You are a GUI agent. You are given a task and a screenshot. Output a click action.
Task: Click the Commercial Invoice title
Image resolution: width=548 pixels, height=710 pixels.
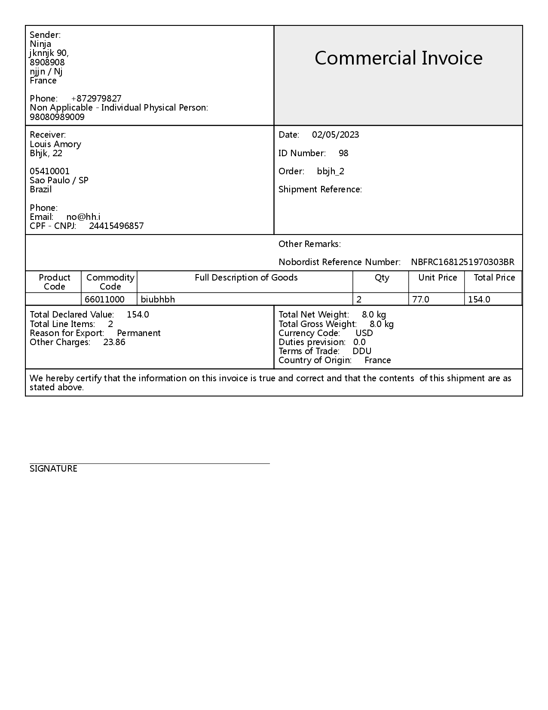pos(398,58)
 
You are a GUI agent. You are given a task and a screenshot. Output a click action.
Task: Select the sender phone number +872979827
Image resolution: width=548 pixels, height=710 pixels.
pos(96,99)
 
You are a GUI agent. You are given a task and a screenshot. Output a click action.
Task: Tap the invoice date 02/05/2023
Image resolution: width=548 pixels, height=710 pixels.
pos(335,135)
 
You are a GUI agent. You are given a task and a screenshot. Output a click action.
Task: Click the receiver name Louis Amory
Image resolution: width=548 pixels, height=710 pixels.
pos(55,144)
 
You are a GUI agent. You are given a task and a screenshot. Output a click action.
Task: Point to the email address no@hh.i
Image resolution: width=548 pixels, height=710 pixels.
pos(83,217)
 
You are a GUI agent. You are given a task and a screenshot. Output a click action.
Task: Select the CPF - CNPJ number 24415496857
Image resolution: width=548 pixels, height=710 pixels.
pos(116,226)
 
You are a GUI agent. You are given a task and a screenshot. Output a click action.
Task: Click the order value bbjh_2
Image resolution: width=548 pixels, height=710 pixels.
pos(331,171)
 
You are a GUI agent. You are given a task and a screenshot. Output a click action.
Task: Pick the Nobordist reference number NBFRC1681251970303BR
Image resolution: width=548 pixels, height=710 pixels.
pos(462,262)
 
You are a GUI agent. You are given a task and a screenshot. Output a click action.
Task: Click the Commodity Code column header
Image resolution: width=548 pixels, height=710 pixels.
pos(110,282)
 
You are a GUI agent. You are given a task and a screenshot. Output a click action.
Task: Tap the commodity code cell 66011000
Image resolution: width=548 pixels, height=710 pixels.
pos(104,299)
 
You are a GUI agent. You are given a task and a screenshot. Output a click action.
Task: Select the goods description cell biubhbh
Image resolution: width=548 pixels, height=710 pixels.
pos(158,299)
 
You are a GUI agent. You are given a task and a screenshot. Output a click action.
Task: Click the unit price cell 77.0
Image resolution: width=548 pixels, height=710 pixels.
pos(420,299)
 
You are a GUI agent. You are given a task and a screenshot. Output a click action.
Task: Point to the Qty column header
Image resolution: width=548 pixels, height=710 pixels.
pos(382,278)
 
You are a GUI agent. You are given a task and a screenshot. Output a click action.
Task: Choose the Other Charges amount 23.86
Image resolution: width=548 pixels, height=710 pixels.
pos(114,342)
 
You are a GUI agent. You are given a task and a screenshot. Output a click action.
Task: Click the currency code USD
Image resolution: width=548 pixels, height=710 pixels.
pos(364,333)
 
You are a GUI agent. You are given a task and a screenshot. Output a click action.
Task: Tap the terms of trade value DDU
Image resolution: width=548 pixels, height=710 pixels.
pos(362,351)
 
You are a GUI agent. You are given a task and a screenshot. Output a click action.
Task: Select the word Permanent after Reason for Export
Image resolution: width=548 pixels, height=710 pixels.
pos(138,333)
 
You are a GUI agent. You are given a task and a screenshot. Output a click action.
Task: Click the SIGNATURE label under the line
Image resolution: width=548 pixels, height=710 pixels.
pos(53,469)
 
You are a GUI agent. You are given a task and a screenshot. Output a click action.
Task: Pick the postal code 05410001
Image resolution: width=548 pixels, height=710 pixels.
pos(49,171)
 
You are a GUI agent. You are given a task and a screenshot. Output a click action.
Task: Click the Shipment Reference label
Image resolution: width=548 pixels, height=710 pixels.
pos(320,189)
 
